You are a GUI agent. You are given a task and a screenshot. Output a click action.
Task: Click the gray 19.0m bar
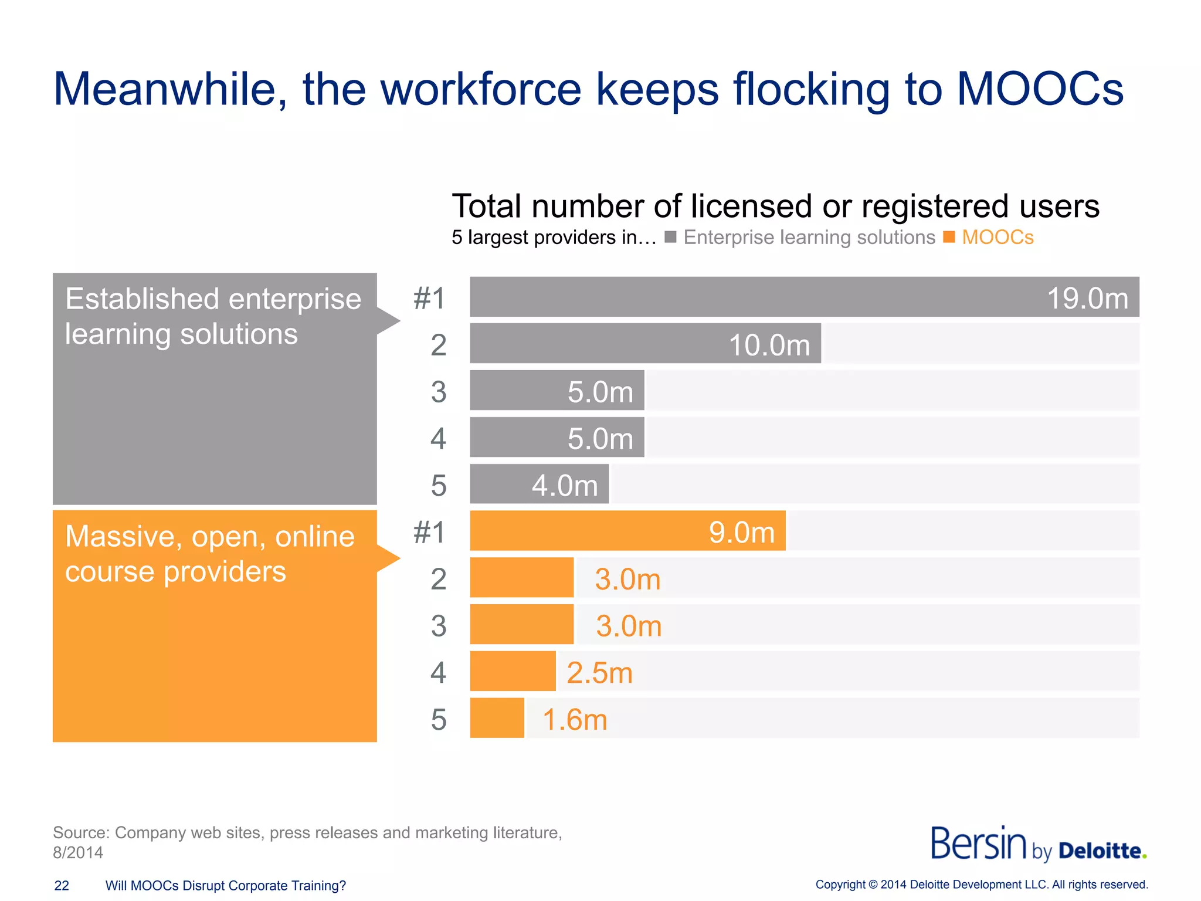(x=803, y=297)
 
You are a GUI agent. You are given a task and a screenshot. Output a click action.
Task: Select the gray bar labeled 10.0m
(x=645, y=344)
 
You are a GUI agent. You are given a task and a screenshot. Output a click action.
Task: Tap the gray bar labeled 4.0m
(x=540, y=485)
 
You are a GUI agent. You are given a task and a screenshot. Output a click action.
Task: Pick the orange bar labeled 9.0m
(x=627, y=531)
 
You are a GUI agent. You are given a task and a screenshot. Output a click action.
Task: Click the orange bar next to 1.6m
(x=497, y=718)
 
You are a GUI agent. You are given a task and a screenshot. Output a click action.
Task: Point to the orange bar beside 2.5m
(x=513, y=671)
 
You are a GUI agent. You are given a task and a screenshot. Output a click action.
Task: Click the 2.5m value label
(x=599, y=673)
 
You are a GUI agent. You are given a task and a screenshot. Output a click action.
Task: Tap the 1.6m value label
(x=575, y=720)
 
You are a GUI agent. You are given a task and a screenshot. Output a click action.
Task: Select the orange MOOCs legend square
(x=949, y=237)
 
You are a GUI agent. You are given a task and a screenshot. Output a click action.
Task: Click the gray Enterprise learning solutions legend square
(x=670, y=237)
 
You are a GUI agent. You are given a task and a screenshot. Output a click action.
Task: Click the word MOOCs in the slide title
(x=1040, y=89)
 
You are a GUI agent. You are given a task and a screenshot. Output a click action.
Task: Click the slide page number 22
(x=62, y=886)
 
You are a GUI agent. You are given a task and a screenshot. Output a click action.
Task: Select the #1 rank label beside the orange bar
(x=430, y=533)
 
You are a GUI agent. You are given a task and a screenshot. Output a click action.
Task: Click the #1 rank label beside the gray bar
(x=430, y=298)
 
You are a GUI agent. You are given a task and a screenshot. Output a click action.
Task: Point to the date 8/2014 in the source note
(x=78, y=852)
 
